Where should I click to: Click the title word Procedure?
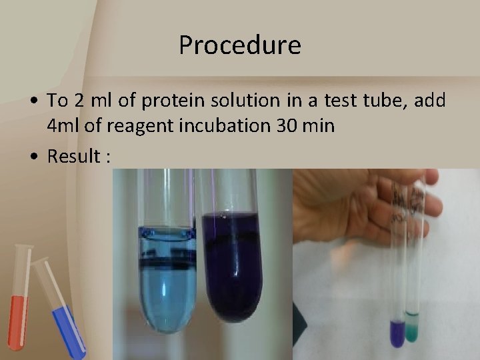point(240,45)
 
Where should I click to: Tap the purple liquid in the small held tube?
point(398,332)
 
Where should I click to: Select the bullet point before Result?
point(33,157)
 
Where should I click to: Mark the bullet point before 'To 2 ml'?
point(33,102)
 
